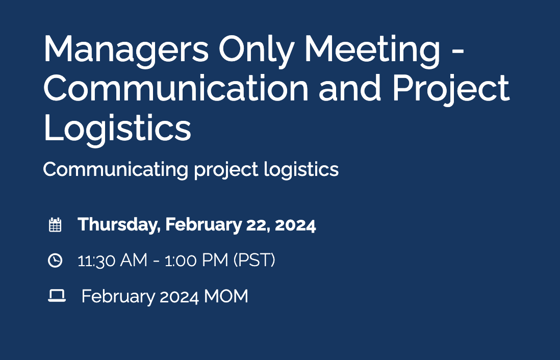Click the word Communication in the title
[x=176, y=88]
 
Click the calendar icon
[x=55, y=225]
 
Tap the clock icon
[x=55, y=261]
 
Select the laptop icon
[x=57, y=296]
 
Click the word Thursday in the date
[x=118, y=225]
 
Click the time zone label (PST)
[x=254, y=261]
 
